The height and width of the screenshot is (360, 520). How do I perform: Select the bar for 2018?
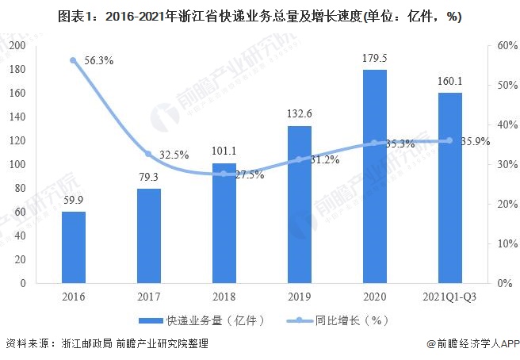pos(224,223)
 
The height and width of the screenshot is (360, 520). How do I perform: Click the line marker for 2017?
pos(148,154)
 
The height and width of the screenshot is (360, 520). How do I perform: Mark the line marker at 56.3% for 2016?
pos(73,60)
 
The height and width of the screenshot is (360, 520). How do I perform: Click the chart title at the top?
pos(260,15)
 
